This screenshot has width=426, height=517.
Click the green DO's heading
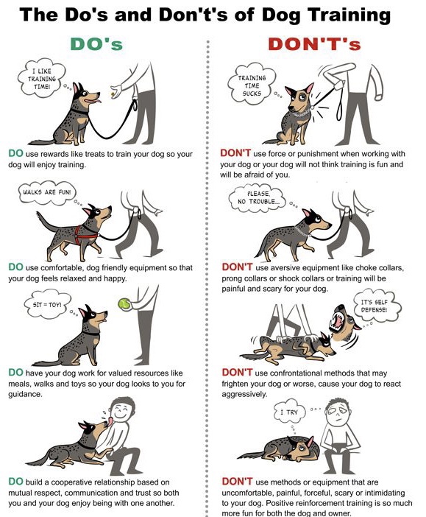(96, 44)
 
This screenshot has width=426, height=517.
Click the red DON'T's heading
(314, 44)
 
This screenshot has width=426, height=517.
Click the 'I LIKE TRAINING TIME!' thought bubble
(41, 79)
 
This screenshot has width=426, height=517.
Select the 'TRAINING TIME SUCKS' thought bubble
(252, 85)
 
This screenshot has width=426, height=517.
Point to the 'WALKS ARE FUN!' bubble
(46, 192)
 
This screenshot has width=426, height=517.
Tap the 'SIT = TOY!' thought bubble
(47, 304)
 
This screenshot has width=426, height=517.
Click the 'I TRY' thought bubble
(290, 412)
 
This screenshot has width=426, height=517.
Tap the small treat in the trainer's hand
(113, 95)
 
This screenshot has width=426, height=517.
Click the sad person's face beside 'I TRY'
(338, 415)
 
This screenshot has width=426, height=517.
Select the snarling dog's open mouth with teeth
(338, 320)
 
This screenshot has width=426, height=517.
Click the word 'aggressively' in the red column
(244, 395)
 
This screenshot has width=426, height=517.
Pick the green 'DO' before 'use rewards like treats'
(15, 153)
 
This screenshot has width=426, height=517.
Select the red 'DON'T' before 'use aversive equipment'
(237, 267)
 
